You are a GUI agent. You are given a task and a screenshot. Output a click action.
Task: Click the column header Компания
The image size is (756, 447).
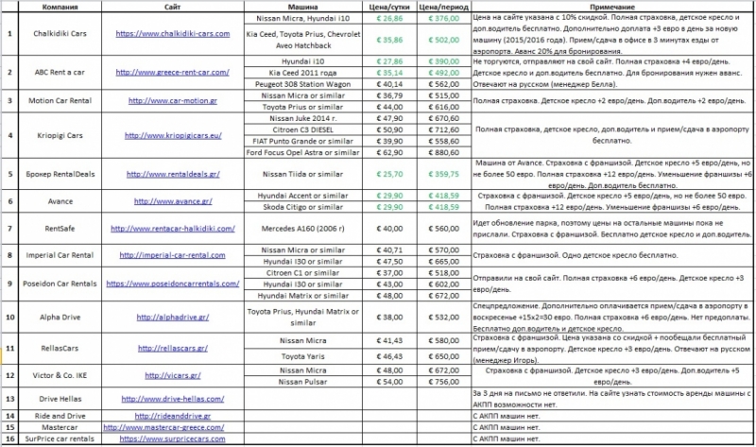pos(53,6)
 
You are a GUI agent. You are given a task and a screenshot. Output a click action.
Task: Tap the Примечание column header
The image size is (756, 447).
pos(604,6)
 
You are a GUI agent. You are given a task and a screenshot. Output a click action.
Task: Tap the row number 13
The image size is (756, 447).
pos(9,399)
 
